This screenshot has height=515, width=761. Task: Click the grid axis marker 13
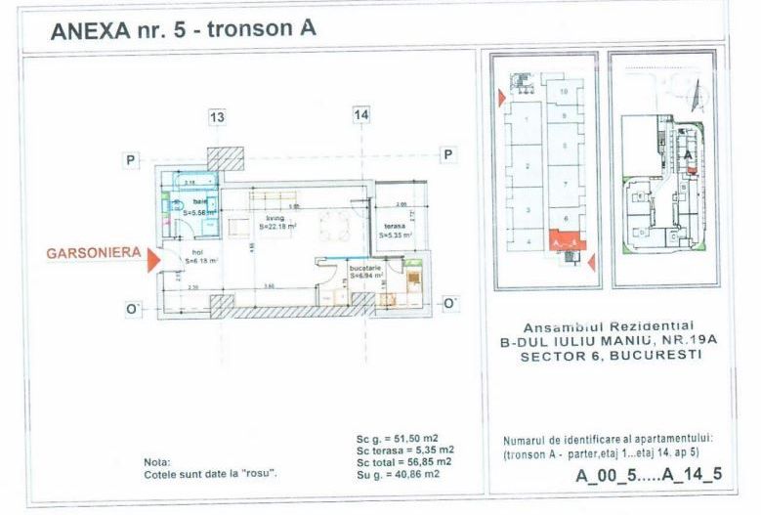217,117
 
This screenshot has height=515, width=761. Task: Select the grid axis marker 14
361,115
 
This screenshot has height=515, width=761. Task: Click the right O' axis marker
450,304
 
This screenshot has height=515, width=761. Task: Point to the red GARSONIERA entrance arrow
149,260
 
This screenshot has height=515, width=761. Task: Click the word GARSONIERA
92,253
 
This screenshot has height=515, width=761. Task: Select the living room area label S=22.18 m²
277,226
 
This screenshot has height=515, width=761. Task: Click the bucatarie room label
366,271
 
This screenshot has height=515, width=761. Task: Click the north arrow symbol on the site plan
696,98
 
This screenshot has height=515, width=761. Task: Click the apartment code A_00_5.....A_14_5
649,476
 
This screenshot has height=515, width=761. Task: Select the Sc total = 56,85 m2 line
403,461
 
